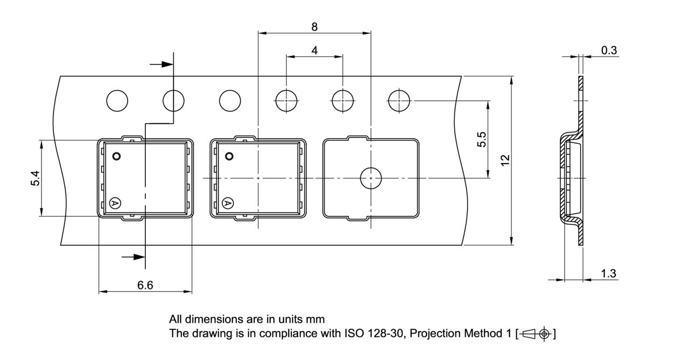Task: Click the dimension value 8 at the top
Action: click(314, 26)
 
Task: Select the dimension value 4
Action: click(314, 50)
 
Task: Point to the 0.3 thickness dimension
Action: click(609, 51)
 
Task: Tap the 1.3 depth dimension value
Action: click(608, 273)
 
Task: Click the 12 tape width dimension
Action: click(505, 160)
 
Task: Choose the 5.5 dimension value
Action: click(482, 139)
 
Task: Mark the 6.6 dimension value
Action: click(145, 286)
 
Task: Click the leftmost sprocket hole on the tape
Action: click(117, 101)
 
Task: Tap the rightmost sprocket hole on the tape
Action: click(399, 101)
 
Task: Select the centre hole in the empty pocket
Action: click(370, 178)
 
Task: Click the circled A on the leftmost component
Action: click(115, 203)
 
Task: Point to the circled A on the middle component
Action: click(228, 203)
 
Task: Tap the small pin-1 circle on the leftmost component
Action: click(116, 157)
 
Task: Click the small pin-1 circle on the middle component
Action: click(229, 157)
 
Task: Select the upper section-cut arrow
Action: click(161, 64)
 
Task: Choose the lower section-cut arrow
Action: click(133, 257)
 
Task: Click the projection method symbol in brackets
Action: click(536, 334)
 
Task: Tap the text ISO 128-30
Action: click(370, 334)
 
